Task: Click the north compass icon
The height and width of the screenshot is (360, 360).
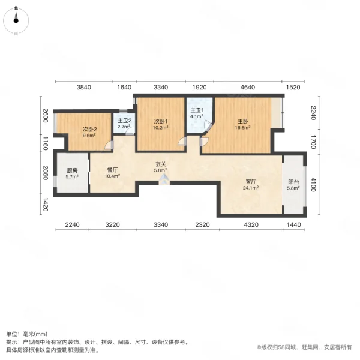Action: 17,18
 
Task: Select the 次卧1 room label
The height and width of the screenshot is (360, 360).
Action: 159,120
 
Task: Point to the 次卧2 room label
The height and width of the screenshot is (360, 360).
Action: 89,129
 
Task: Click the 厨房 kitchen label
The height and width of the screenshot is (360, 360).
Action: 72,170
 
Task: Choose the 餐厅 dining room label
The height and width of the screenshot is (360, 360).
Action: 112,170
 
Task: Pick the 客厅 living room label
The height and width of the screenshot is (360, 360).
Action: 251,181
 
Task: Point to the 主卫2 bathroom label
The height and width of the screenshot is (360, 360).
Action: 124,121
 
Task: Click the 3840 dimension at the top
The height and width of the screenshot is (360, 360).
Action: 83,88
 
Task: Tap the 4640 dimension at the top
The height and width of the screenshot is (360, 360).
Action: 247,88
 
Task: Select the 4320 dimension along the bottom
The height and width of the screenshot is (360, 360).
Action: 251,224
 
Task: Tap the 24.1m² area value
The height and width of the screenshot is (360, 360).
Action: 251,188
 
